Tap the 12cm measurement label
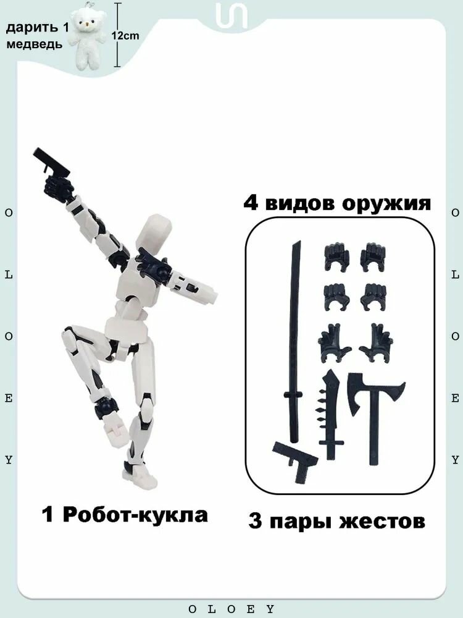(125, 36)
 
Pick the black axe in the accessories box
(372, 408)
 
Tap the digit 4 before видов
(252, 203)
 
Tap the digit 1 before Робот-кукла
(48, 514)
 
